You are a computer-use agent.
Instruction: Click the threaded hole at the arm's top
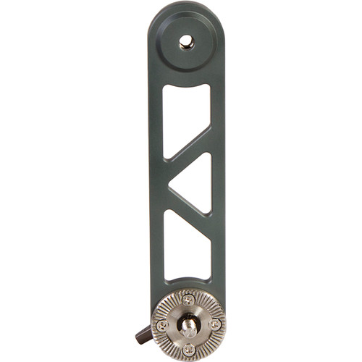click(x=187, y=43)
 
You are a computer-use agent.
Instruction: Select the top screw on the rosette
click(x=188, y=299)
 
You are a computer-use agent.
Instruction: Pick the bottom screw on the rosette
click(x=188, y=348)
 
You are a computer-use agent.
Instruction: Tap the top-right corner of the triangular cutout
click(x=209, y=156)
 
